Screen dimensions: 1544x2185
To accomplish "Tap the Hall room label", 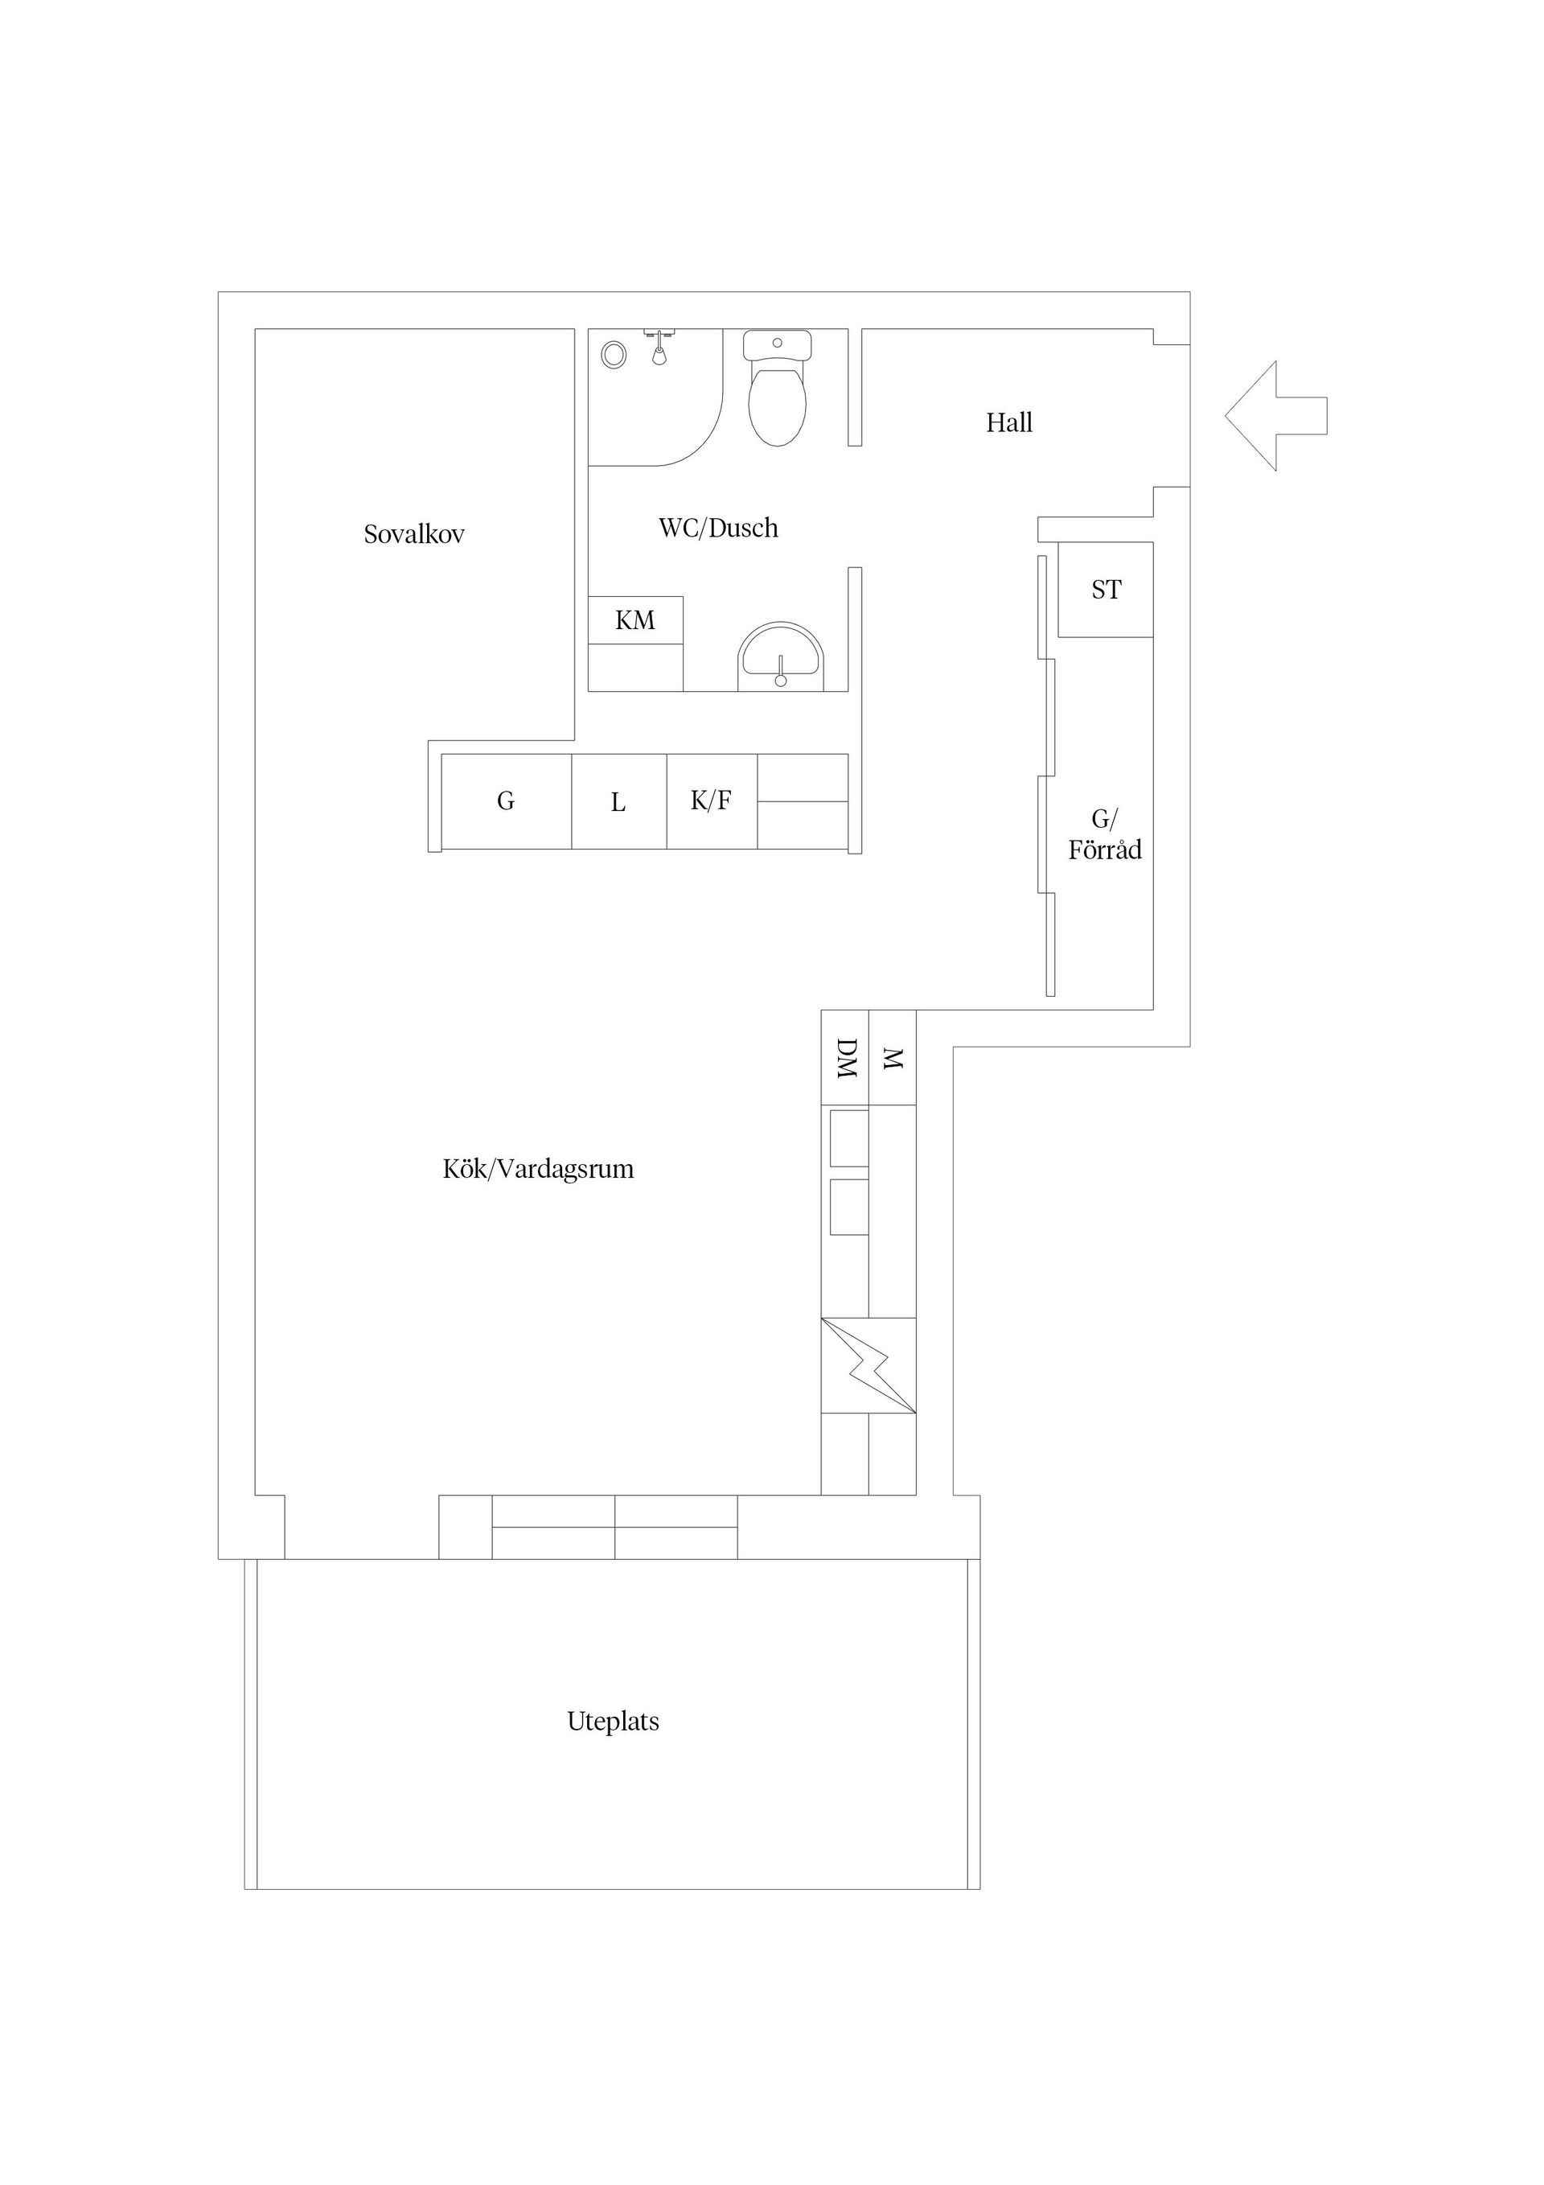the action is point(1008,422).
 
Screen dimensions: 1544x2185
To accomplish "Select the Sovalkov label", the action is point(414,534).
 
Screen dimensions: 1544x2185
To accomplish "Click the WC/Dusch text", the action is point(718,529).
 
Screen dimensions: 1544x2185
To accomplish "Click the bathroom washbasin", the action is point(781,656).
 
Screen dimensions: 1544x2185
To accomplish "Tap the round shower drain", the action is point(614,355).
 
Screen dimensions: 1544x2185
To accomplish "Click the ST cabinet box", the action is point(1106,590).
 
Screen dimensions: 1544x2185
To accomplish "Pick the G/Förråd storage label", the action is point(1104,834).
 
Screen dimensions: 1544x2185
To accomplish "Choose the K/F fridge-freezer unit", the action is point(712,801).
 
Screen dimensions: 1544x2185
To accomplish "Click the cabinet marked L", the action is point(618,801).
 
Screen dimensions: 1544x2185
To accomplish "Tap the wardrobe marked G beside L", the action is point(506,801).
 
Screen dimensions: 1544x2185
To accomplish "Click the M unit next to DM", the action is point(893,1057).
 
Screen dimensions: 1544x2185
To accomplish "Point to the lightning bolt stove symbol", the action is point(868,1366).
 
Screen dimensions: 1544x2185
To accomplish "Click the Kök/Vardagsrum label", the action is point(539,1170).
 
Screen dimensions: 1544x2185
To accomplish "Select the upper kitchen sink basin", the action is point(848,1138).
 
